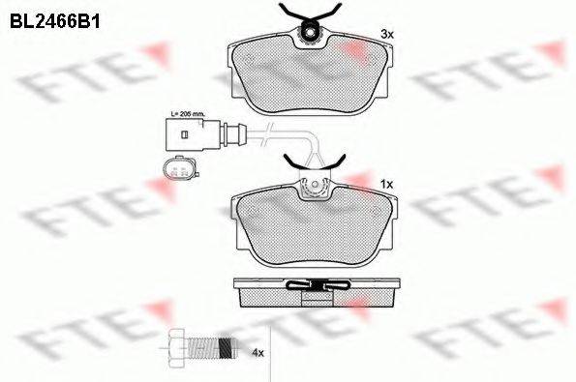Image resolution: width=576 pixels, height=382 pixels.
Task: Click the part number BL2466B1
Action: click(55, 21)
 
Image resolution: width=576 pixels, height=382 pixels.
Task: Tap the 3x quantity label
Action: click(387, 35)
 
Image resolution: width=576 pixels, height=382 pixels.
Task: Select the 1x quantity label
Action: click(386, 184)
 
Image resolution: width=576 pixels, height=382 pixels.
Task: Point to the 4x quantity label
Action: click(258, 353)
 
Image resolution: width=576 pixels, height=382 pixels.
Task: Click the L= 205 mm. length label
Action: click(187, 114)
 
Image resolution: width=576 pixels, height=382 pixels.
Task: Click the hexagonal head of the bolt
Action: click(178, 347)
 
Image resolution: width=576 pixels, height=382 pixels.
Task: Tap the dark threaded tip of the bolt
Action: click(227, 347)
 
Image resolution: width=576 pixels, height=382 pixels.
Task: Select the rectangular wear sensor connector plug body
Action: click(193, 135)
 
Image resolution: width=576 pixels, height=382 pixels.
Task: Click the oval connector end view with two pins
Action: click(180, 168)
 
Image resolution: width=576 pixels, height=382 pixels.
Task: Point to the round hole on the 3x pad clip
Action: click(310, 33)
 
